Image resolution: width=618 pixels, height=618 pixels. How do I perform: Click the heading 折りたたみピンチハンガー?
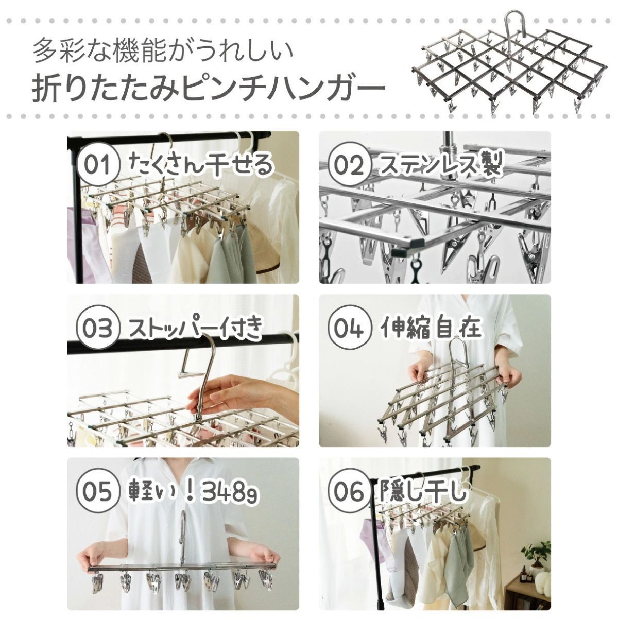[x=208, y=87]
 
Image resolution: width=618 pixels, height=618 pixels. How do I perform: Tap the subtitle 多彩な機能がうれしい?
[x=163, y=50]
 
